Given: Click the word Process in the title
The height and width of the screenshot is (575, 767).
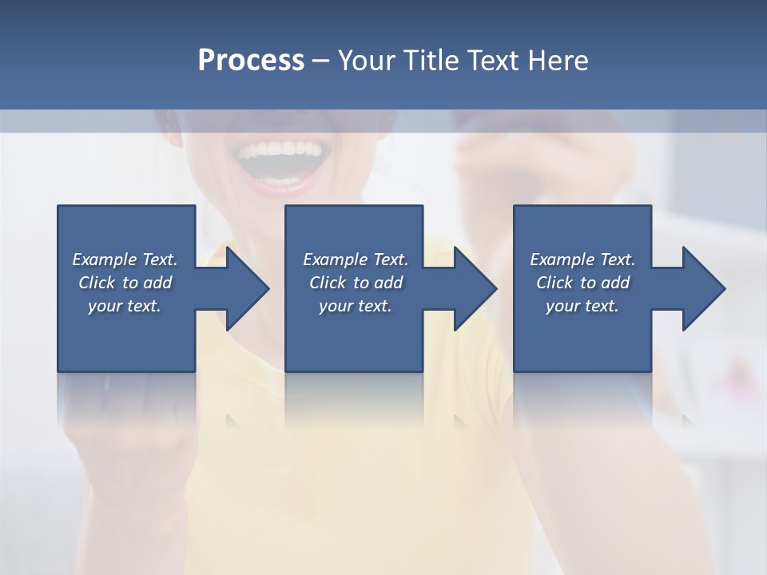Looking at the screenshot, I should click(x=251, y=61).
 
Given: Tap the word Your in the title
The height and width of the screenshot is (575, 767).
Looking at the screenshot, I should click(x=369, y=61).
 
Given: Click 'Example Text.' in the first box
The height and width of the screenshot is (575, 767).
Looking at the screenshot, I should click(x=125, y=260).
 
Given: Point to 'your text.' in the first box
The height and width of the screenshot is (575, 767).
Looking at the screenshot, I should click(x=125, y=306).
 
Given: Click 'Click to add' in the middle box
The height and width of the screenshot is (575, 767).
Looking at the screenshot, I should click(x=356, y=283).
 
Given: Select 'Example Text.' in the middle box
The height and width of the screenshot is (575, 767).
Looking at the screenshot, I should click(x=356, y=260).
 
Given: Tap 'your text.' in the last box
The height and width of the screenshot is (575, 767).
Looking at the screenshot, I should click(x=582, y=306).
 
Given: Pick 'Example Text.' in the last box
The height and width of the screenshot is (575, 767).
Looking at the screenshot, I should click(x=582, y=260).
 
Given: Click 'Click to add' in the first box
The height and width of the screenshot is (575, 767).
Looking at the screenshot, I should click(x=125, y=283).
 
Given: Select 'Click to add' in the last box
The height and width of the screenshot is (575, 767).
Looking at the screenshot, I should click(x=582, y=283).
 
